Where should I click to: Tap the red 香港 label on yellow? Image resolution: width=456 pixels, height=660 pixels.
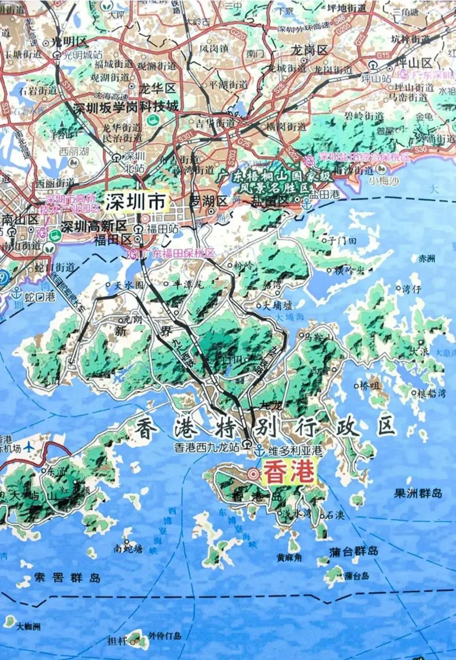coord(289,473)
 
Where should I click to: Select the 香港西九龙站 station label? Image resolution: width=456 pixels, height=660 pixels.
coord(207,448)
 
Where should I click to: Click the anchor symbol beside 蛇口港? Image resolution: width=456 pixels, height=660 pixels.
coord(17,292)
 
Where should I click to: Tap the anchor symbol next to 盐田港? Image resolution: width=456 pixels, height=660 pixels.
coord(306,203)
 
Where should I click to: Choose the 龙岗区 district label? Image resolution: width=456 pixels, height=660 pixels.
coord(310,50)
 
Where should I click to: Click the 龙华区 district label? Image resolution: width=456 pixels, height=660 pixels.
coord(157,88)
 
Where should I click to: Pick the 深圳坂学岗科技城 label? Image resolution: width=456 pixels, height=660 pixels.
coord(126,107)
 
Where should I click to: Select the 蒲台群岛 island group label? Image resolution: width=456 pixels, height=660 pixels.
coord(354,551)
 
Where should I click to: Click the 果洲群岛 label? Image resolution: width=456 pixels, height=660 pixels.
coord(418,493)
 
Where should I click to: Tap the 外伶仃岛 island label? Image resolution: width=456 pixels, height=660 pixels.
coord(165,635)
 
